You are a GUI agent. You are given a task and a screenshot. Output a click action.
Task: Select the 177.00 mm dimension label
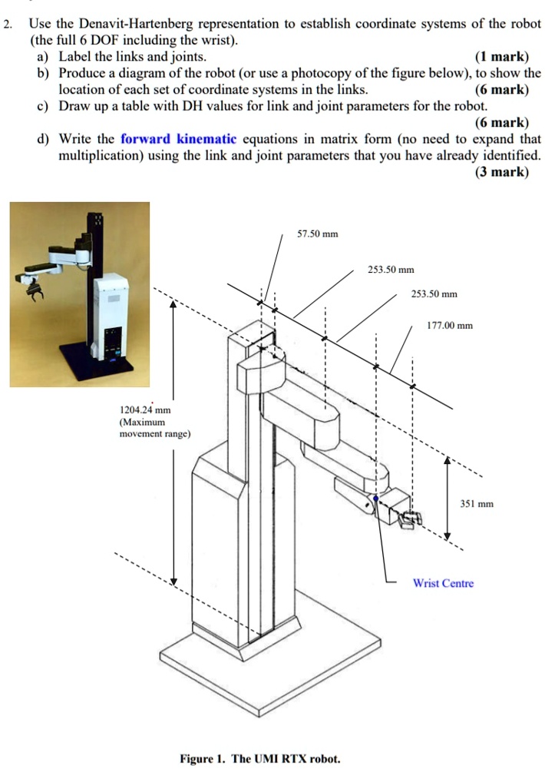450,326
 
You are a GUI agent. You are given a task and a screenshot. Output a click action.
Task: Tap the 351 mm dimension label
476,505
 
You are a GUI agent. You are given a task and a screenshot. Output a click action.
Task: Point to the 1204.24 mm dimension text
145,410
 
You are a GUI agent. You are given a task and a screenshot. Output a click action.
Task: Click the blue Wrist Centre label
443,583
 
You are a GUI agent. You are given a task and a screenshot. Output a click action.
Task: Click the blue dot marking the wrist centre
375,499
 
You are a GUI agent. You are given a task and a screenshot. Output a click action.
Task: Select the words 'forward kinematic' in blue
179,139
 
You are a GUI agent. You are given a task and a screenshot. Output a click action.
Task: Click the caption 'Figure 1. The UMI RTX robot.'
259,758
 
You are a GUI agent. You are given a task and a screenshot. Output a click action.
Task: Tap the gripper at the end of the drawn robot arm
407,519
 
